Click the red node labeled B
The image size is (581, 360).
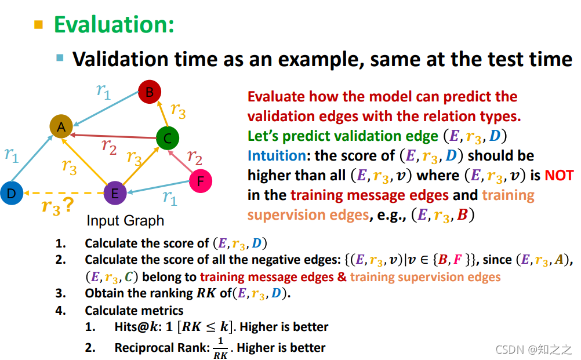150,92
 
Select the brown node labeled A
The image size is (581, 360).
61,126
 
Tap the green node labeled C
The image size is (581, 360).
168,138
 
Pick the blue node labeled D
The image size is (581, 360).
12,193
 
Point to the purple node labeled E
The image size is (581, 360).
115,193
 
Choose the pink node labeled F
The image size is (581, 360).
201,181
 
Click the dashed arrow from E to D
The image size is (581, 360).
63,193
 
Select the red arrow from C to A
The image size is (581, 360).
113,136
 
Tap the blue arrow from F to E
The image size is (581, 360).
158,187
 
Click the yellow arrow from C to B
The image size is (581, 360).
163,114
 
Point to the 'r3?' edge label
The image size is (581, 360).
57,206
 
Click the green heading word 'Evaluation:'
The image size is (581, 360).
114,24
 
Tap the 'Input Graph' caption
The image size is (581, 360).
125,221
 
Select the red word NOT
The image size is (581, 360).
559,175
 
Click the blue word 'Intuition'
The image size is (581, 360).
277,155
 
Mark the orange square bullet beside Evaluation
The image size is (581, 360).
38,25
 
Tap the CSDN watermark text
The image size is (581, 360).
533,349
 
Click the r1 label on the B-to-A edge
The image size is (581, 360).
103,91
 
